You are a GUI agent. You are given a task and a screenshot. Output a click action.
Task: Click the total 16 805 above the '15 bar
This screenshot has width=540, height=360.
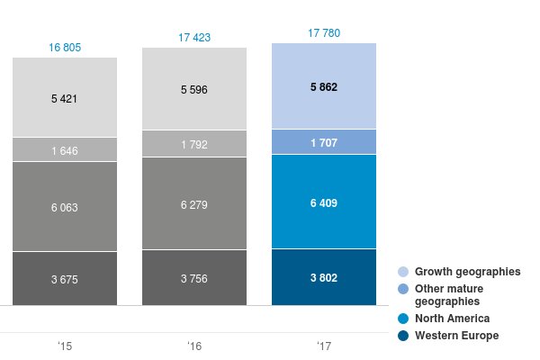pos(64,46)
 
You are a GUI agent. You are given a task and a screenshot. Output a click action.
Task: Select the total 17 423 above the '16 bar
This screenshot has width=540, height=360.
pos(194,38)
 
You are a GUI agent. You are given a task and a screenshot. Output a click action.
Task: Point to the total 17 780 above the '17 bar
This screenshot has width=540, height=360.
pos(324,33)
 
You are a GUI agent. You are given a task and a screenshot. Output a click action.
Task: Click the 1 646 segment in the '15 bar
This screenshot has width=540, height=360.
pos(64,149)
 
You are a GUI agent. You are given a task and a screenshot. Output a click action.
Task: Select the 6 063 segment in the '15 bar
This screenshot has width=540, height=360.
pos(64,206)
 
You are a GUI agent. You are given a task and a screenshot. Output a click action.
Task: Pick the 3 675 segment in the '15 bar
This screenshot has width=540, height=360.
pos(64,278)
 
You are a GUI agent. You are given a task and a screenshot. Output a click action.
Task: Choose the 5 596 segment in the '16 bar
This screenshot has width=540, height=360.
pos(194,89)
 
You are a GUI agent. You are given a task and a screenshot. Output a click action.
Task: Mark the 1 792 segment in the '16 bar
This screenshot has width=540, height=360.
pos(194,143)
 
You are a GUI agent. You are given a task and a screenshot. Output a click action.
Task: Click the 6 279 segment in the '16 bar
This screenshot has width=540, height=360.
pos(194,203)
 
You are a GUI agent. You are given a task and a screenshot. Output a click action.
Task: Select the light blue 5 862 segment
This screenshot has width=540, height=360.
pos(324,85)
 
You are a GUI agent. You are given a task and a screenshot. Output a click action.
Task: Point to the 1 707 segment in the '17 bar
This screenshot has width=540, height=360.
pos(324,142)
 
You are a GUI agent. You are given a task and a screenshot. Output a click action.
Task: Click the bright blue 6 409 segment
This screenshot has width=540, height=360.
pos(324,202)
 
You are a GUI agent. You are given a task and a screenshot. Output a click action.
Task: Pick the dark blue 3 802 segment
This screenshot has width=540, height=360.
pos(324,277)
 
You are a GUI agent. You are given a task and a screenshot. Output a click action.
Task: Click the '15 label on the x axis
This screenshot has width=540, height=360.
pos(64,346)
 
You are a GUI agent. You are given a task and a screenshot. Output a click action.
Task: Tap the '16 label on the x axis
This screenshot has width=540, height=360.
pos(194,346)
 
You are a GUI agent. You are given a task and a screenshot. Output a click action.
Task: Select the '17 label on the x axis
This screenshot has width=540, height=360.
pos(324,346)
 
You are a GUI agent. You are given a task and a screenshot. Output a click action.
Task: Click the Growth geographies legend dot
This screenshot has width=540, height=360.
pos(403,271)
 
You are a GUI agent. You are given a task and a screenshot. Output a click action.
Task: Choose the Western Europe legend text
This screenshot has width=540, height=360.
pos(456,336)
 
